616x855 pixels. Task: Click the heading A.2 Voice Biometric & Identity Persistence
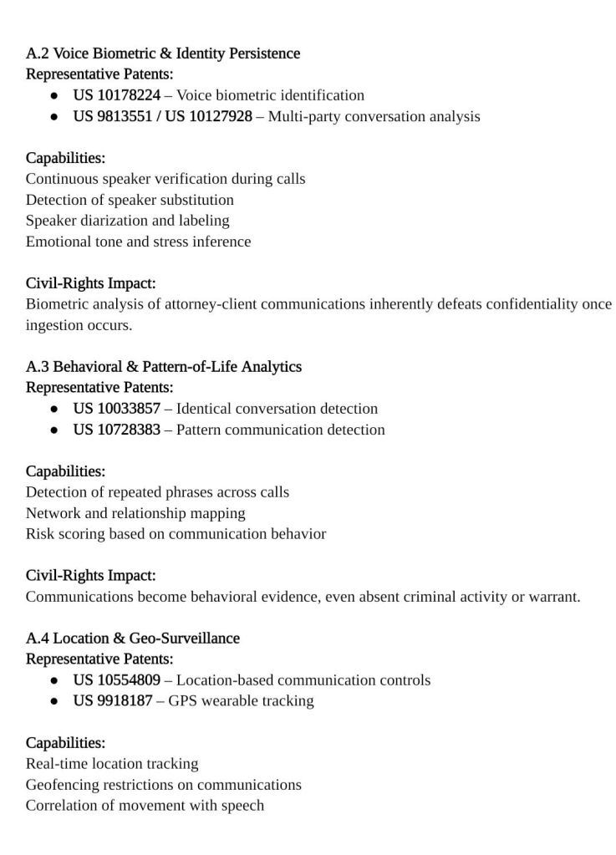(x=163, y=53)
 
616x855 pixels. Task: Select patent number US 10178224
(x=117, y=95)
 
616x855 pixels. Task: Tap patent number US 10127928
(x=208, y=116)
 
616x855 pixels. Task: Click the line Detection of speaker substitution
(x=130, y=200)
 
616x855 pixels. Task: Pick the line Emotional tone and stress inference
(x=138, y=242)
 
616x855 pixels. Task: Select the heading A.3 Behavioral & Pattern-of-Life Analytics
(x=164, y=367)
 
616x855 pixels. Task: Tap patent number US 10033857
(x=117, y=409)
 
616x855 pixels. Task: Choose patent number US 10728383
(x=117, y=430)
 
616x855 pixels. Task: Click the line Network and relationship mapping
(x=135, y=513)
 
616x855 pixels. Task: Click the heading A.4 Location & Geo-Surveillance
(x=133, y=639)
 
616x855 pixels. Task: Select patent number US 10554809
(x=117, y=680)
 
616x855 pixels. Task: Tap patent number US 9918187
(x=113, y=701)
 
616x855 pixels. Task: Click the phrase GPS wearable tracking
(x=242, y=701)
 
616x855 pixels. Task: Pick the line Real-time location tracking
(x=112, y=764)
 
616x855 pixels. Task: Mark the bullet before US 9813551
(x=53, y=116)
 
